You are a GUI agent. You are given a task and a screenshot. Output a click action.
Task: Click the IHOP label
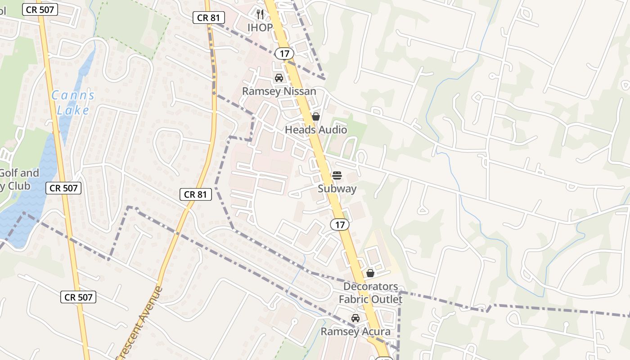point(260,27)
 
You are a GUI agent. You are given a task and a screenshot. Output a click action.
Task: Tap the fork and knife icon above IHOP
point(260,14)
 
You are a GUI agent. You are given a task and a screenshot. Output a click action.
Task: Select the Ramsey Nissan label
point(279,91)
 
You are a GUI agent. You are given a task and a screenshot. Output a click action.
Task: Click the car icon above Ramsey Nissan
point(279,78)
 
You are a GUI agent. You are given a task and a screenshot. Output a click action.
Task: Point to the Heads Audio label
point(316,130)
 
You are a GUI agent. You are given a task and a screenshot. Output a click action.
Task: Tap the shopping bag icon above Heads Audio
point(316,117)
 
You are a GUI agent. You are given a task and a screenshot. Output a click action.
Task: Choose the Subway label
point(337,189)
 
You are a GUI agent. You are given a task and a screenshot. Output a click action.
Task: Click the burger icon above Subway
point(337,175)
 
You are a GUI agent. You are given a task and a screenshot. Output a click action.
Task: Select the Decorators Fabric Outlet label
point(370,293)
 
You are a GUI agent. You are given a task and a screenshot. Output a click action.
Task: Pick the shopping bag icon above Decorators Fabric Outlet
point(370,273)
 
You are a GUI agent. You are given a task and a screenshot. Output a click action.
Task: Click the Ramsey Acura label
point(355,332)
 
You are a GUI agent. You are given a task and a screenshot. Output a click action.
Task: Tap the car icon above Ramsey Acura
point(355,318)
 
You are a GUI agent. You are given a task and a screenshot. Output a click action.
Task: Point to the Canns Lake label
point(73,103)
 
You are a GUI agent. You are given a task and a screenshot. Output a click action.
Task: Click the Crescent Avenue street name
point(139,323)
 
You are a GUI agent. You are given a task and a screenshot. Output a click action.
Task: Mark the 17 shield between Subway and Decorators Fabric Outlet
point(340,224)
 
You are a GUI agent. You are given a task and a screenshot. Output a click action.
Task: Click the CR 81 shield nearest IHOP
point(208,18)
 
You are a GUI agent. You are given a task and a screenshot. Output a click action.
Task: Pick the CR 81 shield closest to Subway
point(196,194)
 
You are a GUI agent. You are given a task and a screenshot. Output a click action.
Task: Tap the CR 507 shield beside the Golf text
point(64,188)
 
